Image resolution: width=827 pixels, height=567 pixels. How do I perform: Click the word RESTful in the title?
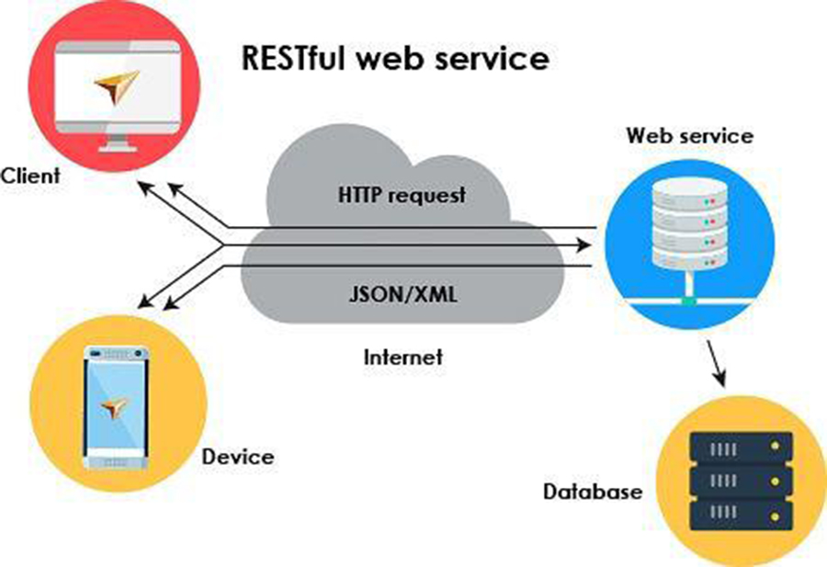tap(293, 59)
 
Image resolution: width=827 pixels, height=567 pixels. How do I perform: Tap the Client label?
tap(30, 174)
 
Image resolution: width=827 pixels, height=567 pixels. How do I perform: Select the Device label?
tap(237, 456)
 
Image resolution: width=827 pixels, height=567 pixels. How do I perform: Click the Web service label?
tap(689, 136)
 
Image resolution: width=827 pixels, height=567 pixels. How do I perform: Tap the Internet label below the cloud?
tap(402, 356)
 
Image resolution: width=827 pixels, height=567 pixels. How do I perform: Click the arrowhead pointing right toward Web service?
tap(583, 245)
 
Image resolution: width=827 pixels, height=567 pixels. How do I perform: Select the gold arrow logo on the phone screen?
tap(116, 408)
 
